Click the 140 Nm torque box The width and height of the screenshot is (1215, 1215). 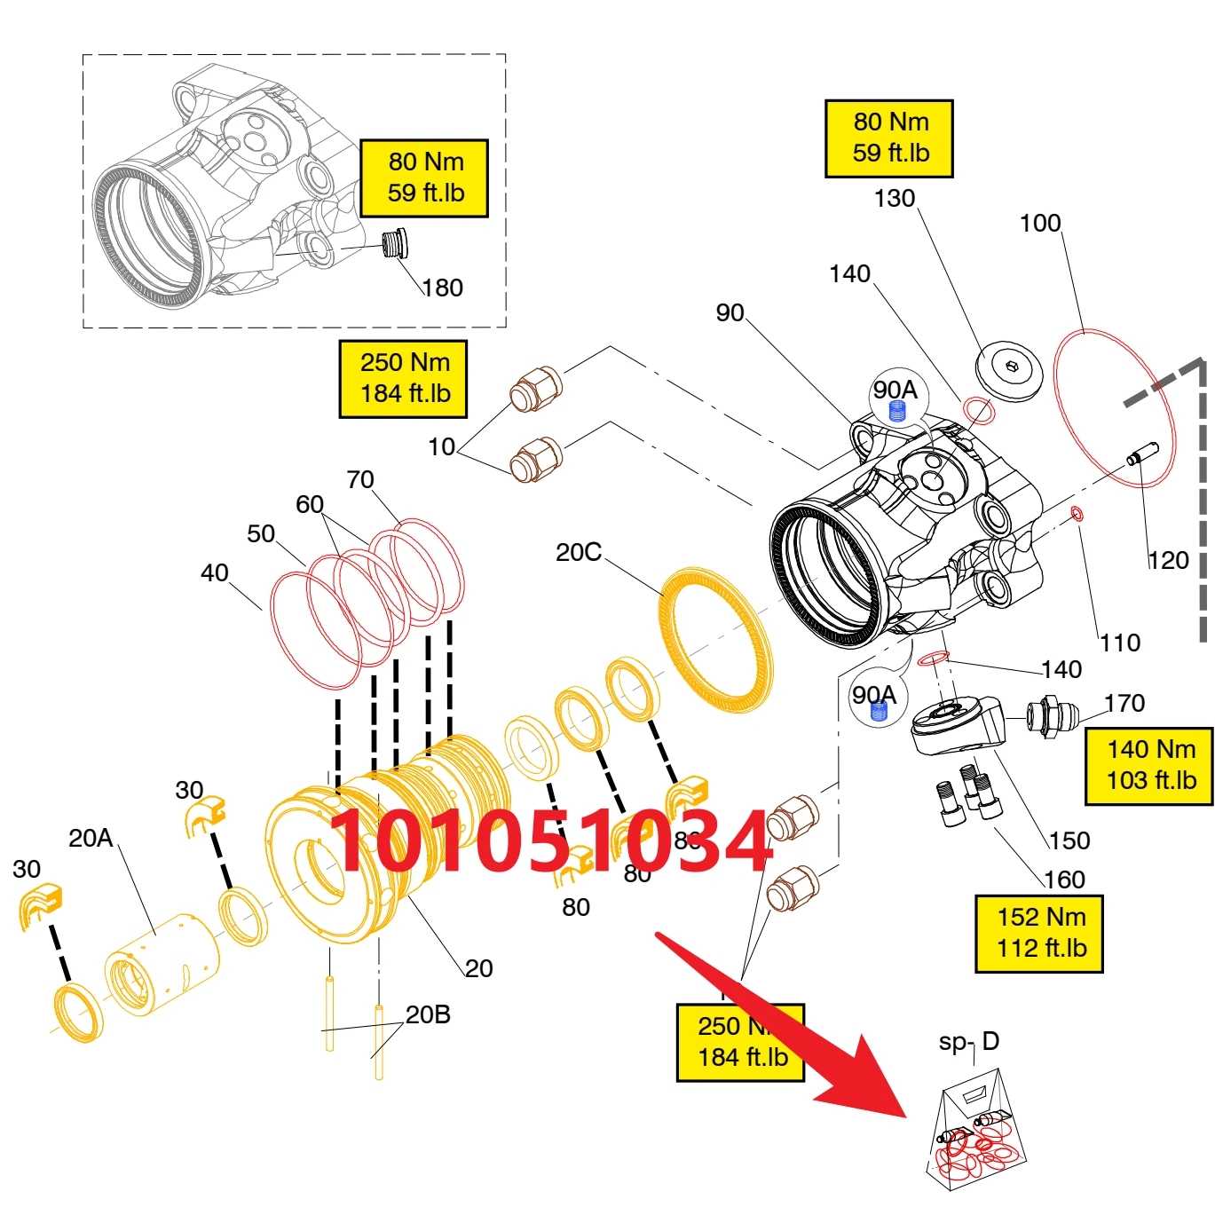pyautogui.click(x=1150, y=765)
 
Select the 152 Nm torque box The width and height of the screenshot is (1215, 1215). pyautogui.click(x=1039, y=933)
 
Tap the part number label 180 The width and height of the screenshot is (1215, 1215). pyautogui.click(x=443, y=288)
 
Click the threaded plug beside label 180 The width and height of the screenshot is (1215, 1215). pyautogui.click(x=392, y=243)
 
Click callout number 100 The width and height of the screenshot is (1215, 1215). pyautogui.click(x=1040, y=223)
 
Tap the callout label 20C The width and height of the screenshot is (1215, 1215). pyautogui.click(x=579, y=552)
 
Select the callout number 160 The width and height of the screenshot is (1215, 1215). pyautogui.click(x=1064, y=880)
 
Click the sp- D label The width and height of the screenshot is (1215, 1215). pyautogui.click(x=969, y=1041)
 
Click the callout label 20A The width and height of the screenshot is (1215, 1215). pyautogui.click(x=91, y=838)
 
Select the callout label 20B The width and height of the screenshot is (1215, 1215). pyautogui.click(x=428, y=1014)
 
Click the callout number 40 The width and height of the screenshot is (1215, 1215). pyautogui.click(x=215, y=572)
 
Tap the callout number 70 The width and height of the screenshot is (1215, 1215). pyautogui.click(x=360, y=479)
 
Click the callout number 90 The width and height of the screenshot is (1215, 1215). pyautogui.click(x=730, y=312)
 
